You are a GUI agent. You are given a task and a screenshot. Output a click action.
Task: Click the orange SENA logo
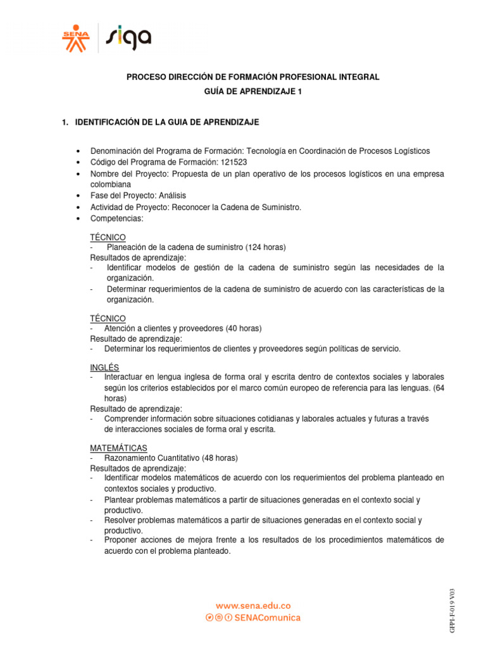[76, 39]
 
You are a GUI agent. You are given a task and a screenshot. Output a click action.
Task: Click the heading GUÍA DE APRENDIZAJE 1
[252, 92]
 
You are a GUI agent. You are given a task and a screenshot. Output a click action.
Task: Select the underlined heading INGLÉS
[104, 368]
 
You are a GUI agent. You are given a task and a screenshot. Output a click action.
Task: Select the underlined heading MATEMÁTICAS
[119, 448]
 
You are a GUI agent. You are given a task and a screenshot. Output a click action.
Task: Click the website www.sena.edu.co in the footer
[253, 606]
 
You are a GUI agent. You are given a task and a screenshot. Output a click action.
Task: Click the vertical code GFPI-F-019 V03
[451, 610]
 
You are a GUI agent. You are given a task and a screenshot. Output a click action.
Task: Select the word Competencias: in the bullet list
[117, 218]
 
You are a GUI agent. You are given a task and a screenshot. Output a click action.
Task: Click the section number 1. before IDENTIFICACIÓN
[65, 121]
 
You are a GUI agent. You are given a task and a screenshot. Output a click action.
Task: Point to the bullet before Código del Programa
[77, 163]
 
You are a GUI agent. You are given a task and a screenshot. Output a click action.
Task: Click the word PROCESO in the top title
[146, 77]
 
